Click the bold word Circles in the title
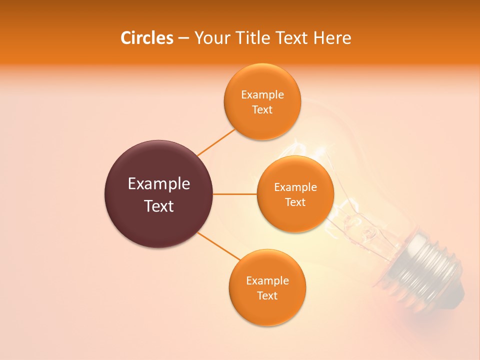click(x=146, y=38)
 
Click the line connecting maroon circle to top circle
click(x=216, y=142)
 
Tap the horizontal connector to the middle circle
click(x=234, y=194)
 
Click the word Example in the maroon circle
click(x=159, y=184)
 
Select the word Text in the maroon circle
click(x=159, y=206)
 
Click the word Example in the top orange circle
click(x=262, y=95)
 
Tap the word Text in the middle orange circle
click(x=295, y=202)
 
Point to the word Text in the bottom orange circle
click(x=267, y=296)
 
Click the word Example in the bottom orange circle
click(x=267, y=281)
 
